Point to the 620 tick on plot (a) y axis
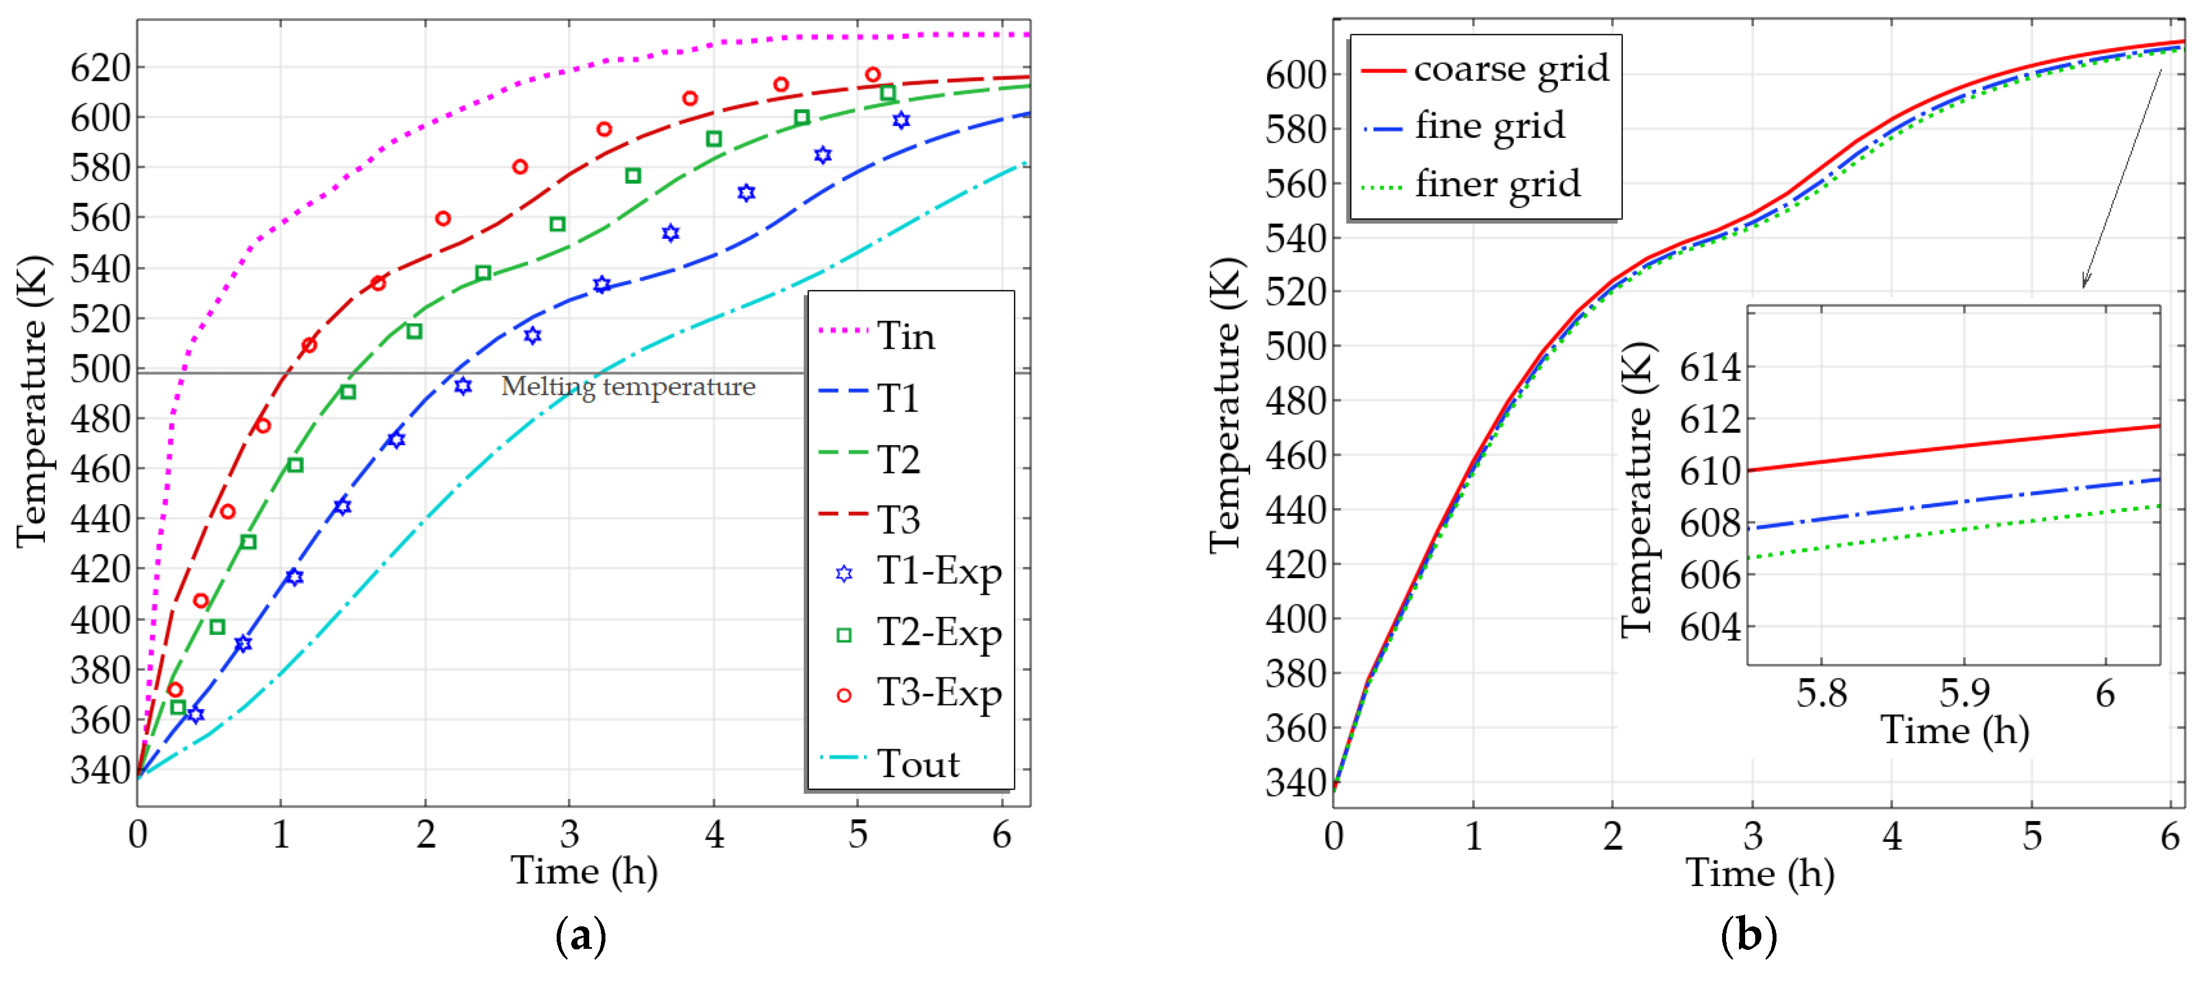100,67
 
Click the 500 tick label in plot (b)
1295,347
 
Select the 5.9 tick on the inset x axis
1964,693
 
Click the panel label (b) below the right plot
1748,935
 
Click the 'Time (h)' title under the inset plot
1954,731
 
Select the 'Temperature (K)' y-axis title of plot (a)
33,401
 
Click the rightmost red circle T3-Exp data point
872,75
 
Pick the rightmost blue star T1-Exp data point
901,121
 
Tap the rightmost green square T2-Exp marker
888,93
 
